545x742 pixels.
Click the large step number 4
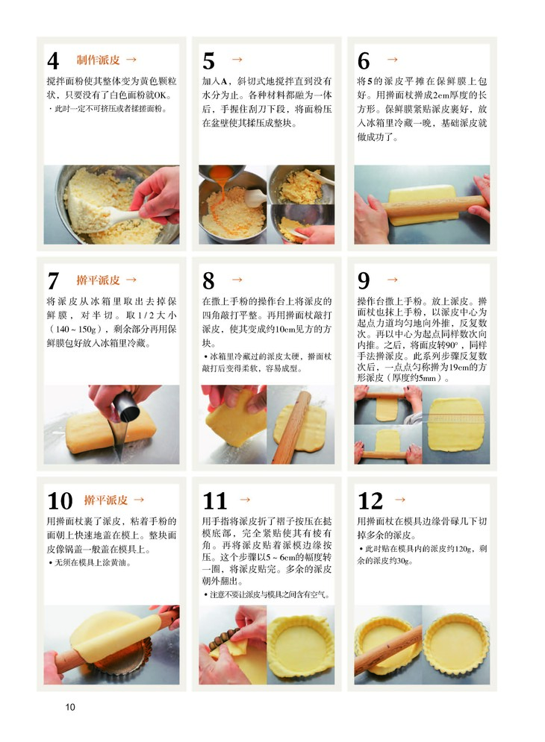53,60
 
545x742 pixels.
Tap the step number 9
364,280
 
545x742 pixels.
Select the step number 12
370,500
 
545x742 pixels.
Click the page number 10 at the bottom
70,707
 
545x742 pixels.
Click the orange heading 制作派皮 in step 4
98,60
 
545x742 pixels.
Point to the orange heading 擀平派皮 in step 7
98,280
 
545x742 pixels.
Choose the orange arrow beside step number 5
237,60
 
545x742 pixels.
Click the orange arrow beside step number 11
245,500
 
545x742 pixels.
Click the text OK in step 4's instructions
161,95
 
